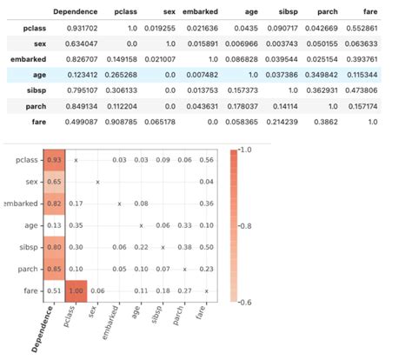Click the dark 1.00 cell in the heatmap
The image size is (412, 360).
tap(76, 291)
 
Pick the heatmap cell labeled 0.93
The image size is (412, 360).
tap(54, 161)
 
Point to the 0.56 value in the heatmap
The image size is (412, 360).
tap(206, 161)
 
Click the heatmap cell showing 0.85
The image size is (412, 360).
tap(54, 270)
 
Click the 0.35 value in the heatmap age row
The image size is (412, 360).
tap(76, 226)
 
